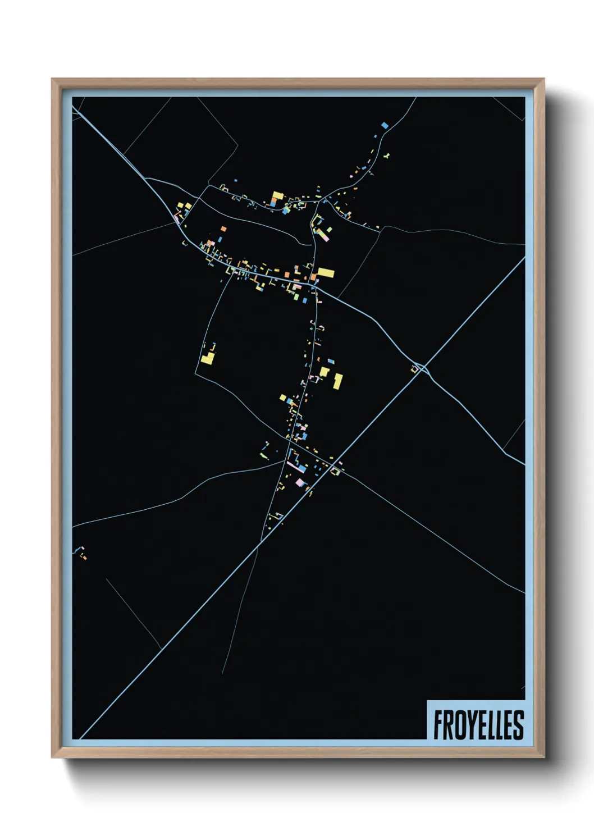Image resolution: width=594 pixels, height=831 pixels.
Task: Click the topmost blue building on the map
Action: point(385,125)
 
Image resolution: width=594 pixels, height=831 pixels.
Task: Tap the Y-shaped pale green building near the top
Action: point(386,156)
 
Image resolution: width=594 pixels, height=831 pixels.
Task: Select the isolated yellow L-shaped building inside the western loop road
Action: point(208,356)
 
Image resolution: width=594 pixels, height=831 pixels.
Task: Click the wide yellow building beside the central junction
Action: point(326,273)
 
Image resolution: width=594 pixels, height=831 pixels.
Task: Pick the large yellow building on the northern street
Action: point(277,197)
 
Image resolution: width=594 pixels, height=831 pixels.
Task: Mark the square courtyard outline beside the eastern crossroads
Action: point(417,368)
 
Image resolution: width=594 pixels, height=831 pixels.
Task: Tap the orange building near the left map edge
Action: point(85,557)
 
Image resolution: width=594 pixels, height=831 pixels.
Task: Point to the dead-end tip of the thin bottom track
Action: point(222,673)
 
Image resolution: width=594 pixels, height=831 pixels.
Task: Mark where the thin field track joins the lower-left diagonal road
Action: point(162,650)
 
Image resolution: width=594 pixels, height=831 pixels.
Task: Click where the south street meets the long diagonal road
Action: point(261,542)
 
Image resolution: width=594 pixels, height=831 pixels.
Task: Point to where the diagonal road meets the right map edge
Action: point(524,258)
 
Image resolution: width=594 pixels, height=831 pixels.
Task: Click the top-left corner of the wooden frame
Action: point(52,79)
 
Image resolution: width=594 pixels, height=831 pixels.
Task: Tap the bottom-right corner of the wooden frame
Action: point(543,757)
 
